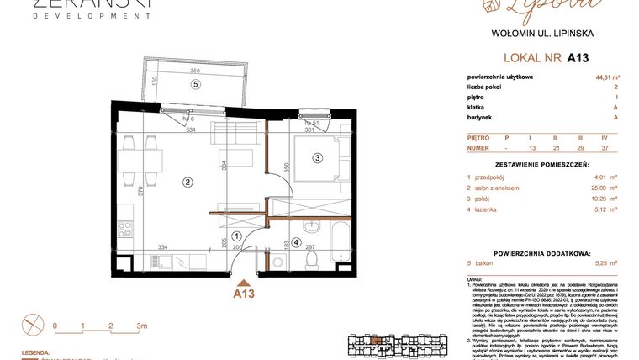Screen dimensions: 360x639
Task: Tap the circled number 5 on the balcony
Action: click(195, 84)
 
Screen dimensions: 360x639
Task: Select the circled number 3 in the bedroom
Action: click(318, 157)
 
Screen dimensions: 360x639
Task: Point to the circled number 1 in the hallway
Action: click(237, 236)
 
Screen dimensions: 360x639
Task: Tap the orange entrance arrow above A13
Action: click(244, 283)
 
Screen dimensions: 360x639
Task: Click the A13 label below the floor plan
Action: click(244, 295)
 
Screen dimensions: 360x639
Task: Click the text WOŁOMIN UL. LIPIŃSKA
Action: click(542, 34)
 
